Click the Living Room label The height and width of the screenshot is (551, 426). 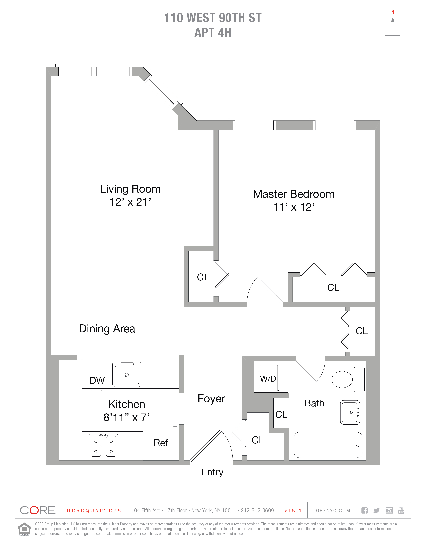(x=130, y=189)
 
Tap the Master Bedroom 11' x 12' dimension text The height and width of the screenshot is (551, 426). (x=294, y=207)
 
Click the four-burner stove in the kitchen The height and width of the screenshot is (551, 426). (x=104, y=446)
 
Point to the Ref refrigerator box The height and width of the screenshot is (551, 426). (x=161, y=443)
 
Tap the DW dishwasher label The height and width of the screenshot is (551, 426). (x=97, y=380)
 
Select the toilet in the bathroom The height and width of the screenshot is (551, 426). (x=342, y=379)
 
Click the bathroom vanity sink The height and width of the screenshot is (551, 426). (x=350, y=412)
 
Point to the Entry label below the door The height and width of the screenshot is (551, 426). (x=212, y=472)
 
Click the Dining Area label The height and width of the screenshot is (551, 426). (x=107, y=329)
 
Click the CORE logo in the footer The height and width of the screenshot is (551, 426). (x=38, y=510)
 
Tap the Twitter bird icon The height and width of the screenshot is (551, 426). (x=377, y=510)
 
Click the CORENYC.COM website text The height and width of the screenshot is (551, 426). (x=331, y=511)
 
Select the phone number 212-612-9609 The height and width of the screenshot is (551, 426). (x=257, y=511)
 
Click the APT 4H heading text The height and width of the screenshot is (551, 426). (x=213, y=33)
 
